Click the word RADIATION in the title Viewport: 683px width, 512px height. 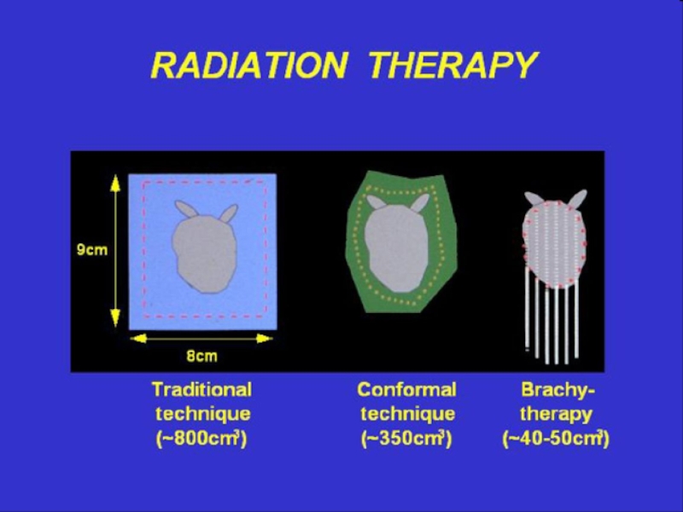(249, 65)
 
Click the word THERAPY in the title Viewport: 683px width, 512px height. (453, 65)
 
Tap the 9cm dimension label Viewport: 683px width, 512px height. (92, 250)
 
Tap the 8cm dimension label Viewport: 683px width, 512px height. (201, 356)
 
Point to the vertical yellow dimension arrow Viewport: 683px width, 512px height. (115, 251)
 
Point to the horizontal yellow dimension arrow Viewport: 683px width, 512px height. (201, 338)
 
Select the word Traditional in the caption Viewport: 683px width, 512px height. (201, 389)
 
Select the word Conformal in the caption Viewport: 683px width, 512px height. (407, 389)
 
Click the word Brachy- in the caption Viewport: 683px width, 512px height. (557, 390)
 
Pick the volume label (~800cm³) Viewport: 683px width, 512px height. (201, 439)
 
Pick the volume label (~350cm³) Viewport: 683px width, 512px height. (407, 439)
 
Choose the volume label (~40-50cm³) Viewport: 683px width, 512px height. (556, 439)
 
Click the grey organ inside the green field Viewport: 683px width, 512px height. (397, 248)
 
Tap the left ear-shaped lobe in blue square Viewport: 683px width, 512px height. (186, 208)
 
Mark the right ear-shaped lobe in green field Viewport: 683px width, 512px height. (421, 203)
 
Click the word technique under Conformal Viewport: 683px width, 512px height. (408, 414)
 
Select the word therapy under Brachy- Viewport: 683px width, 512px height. (556, 414)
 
